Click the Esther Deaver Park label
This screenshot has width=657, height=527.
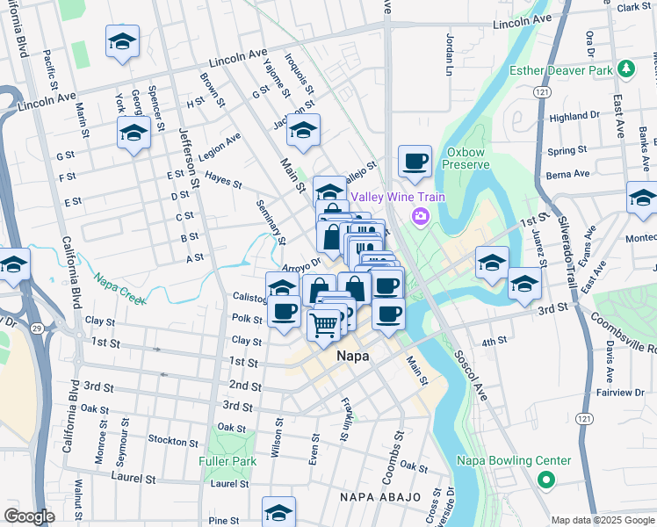(561, 69)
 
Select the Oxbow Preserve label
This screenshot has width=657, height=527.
(465, 157)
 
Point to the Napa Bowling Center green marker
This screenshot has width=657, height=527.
(545, 480)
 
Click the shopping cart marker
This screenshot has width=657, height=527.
(324, 325)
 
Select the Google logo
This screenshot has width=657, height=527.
(30, 517)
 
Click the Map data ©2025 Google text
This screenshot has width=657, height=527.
(602, 520)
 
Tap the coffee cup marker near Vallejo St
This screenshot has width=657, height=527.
(415, 162)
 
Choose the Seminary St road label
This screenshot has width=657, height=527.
(271, 222)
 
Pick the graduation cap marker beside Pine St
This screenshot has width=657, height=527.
(279, 511)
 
